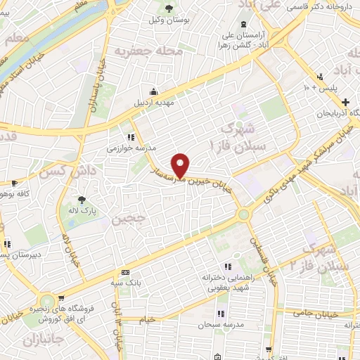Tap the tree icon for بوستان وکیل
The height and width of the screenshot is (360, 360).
pos(169,8)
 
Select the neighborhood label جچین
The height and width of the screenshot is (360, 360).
pos(128,219)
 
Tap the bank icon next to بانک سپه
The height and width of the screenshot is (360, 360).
pos(125,272)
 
